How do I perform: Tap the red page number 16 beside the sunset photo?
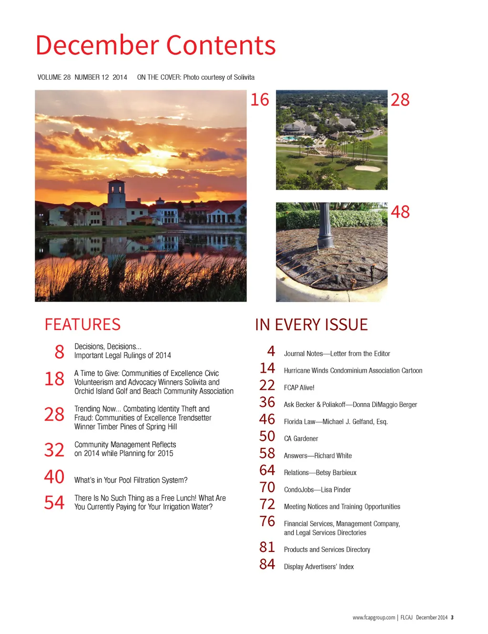260,100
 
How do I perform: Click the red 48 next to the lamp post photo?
400,212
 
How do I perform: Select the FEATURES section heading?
82,324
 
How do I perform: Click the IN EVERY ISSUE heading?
311,325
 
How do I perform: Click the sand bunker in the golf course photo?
367,167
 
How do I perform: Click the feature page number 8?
60,352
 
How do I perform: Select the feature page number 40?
54,477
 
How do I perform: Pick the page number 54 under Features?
54,502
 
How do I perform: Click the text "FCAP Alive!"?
299,388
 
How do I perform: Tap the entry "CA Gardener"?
301,439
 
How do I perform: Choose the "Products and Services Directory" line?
327,550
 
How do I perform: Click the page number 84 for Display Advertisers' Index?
267,564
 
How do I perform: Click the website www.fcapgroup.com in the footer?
374,617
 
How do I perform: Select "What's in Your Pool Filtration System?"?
131,480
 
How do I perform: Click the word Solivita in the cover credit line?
244,77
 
